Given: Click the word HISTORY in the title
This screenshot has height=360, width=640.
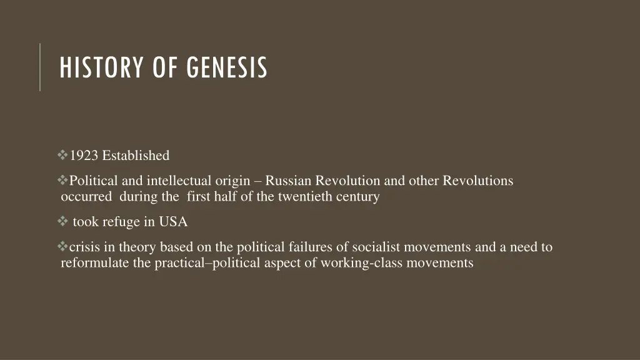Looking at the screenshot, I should click(96, 67).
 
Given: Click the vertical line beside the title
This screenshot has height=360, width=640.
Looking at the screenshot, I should click(40, 67).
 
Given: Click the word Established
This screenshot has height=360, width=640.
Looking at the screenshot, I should click(136, 155).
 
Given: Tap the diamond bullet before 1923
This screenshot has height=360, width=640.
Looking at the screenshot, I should click(62, 154).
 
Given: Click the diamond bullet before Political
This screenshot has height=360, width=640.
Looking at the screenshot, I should click(62, 181).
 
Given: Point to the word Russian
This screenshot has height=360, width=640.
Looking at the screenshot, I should click(288, 181).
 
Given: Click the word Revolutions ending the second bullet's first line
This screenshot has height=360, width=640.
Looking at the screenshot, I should click(477, 181).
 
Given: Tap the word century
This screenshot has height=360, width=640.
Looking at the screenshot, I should click(357, 196).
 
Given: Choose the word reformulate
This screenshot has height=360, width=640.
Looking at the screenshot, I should click(94, 262).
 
